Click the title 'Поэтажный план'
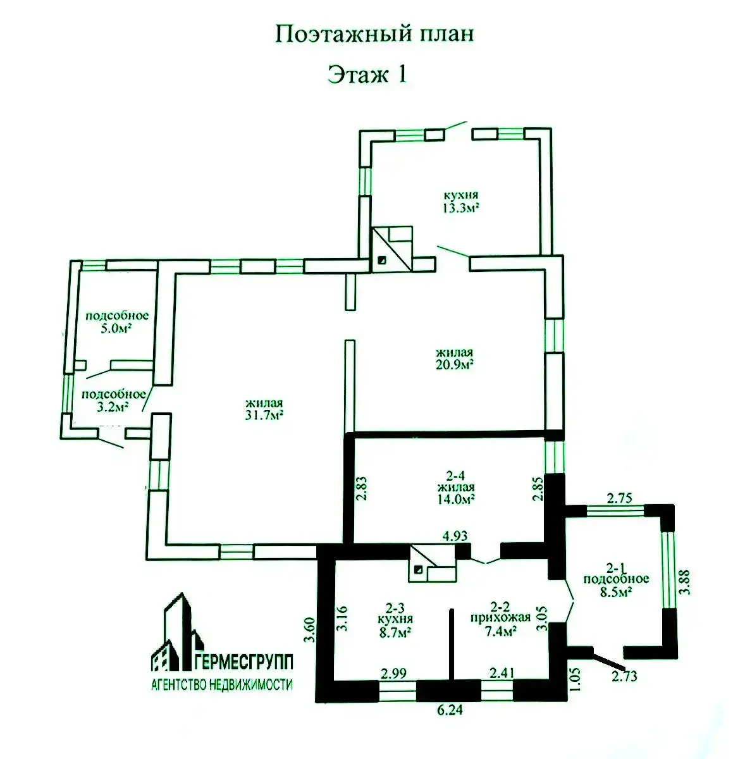[374, 35]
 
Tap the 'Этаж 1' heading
[367, 74]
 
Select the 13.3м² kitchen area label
[461, 207]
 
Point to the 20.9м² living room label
[454, 364]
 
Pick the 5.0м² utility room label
[116, 328]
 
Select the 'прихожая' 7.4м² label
[501, 617]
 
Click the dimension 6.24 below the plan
[450, 710]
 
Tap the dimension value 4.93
[455, 536]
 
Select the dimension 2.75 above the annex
[619, 498]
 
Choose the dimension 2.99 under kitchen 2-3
[394, 672]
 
